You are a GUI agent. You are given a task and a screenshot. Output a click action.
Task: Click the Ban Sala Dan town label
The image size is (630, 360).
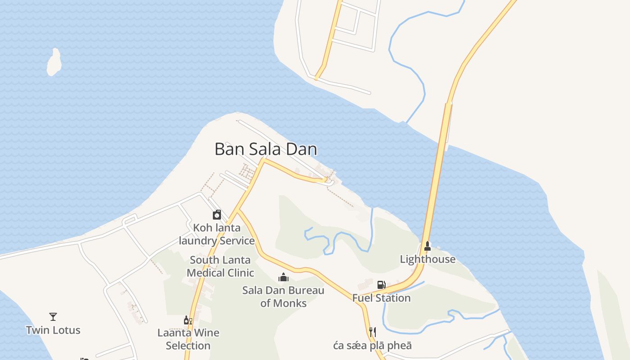pos(265,149)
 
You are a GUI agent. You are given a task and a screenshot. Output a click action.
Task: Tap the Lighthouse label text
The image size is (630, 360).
pos(427,259)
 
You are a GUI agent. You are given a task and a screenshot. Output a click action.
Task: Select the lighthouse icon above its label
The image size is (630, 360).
pos(427,246)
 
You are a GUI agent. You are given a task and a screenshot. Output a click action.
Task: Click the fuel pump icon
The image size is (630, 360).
pos(381,284)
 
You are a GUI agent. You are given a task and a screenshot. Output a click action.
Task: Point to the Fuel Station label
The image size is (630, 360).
pos(381,298)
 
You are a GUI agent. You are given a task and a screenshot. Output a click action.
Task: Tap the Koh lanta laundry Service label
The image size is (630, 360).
pos(217,234)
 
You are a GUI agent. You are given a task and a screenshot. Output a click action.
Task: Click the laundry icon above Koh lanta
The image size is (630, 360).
pos(217,215)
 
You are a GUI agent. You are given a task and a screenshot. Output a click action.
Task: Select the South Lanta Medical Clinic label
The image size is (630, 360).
pos(220,266)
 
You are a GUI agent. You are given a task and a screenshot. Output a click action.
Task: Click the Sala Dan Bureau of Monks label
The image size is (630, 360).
pos(283,297)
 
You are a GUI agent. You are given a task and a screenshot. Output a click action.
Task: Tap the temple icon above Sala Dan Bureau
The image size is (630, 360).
pos(283,277)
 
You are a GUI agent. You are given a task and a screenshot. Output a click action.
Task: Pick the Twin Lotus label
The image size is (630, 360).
pos(53,330)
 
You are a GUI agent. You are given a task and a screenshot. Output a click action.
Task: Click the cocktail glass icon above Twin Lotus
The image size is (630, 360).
pos(53,317)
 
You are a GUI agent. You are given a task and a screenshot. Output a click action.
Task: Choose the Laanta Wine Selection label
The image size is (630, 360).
pos(188,339)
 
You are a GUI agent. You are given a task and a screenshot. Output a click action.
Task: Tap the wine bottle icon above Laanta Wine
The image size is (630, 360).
pos(188,320)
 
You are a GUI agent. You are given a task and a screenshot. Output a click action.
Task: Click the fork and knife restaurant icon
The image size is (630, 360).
pos(373,332)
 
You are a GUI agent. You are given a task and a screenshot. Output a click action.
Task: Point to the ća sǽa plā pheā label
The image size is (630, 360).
pos(373,346)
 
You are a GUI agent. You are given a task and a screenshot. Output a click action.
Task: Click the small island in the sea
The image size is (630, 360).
pos(54,63)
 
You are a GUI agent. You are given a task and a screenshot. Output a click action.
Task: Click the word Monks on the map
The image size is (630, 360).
pos(290,303)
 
